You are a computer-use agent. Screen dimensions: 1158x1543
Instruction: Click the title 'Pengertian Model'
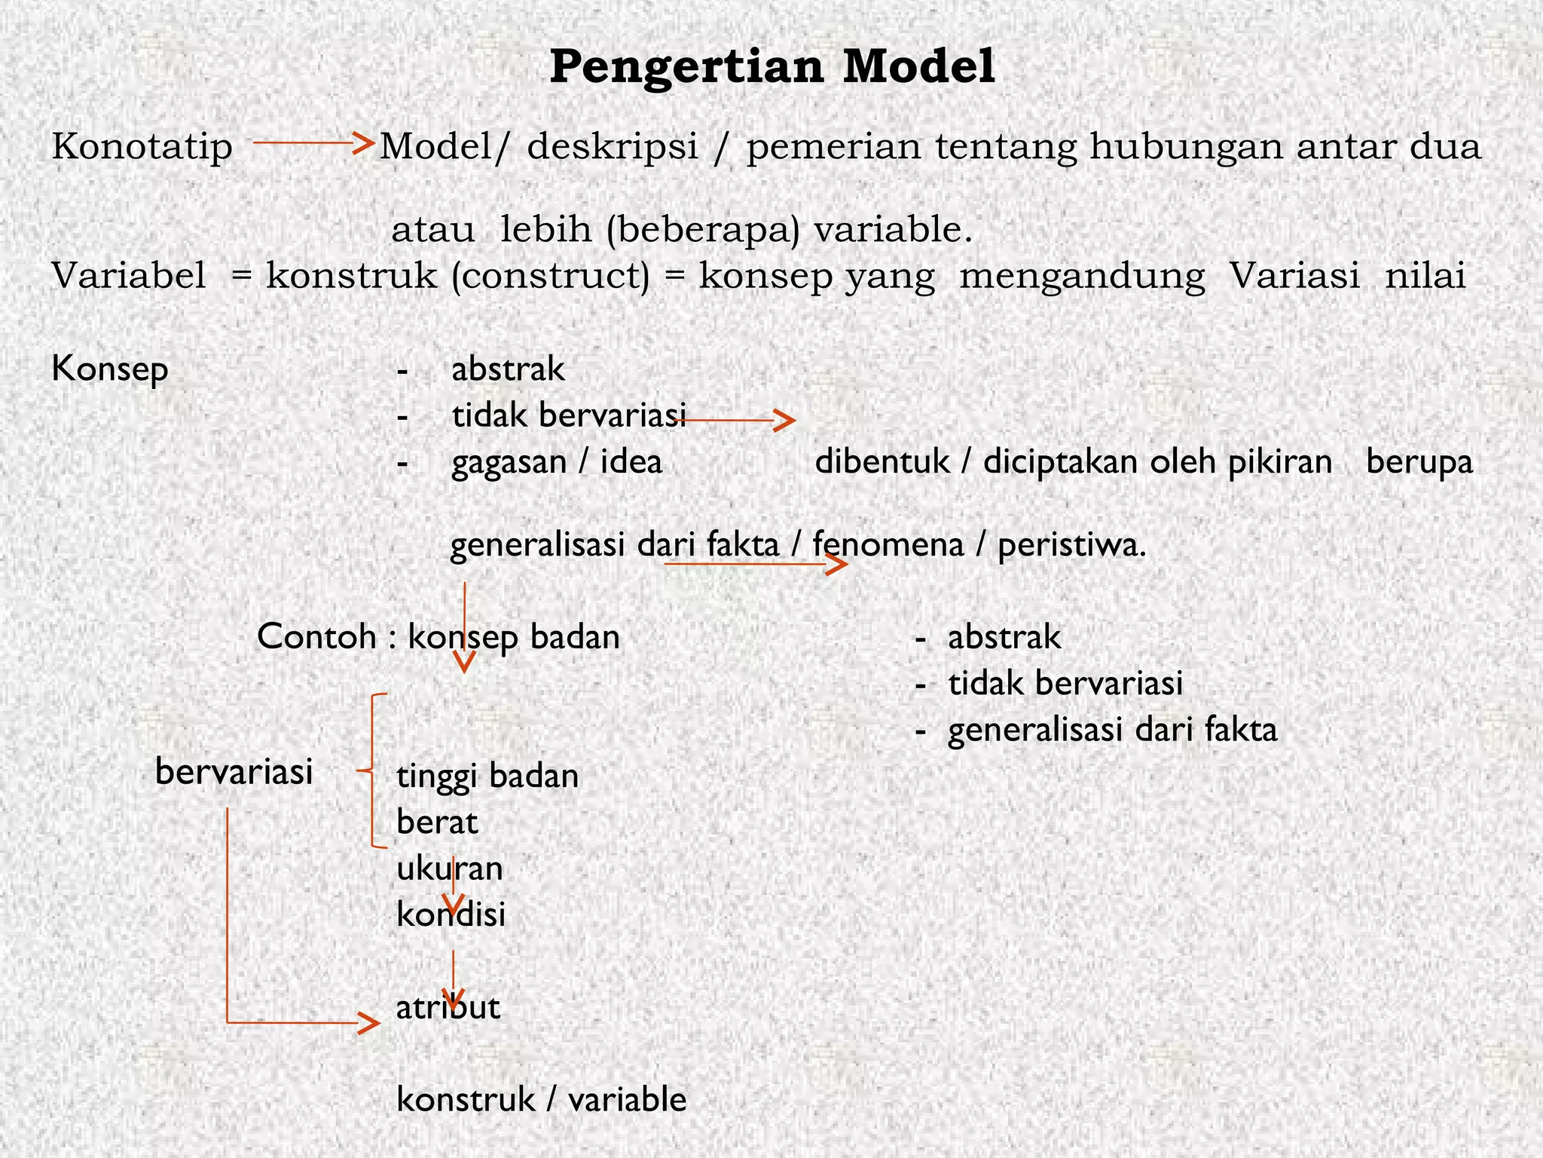771,66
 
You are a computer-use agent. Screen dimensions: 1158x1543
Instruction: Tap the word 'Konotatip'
142,146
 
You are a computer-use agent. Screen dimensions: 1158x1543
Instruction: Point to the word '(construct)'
550,276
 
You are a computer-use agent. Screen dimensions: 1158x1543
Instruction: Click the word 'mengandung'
1082,277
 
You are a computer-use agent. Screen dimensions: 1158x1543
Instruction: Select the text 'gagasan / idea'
557,461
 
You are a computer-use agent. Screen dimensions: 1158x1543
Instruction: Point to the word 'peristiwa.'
1071,544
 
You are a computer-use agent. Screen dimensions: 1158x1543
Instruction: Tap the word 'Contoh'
316,637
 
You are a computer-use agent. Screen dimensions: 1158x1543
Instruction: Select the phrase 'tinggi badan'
487,776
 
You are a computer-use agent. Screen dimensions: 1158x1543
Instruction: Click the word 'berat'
437,823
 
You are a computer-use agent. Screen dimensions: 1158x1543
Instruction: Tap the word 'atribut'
448,1007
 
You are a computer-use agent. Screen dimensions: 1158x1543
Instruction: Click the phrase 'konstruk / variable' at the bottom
541,1100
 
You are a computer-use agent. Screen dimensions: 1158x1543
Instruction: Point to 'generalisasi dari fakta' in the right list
1112,730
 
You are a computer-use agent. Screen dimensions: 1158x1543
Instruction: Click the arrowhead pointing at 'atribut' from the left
369,1023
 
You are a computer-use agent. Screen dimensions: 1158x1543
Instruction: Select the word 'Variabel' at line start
129,276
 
